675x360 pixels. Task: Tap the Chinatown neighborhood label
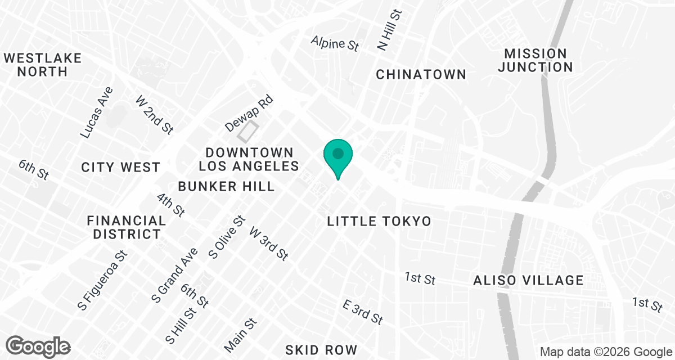click(421, 74)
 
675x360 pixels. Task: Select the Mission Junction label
click(535, 60)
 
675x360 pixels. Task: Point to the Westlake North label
click(42, 65)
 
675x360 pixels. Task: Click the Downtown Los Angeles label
click(249, 159)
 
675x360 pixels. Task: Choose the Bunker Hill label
click(226, 186)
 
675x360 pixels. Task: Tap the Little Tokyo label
click(379, 222)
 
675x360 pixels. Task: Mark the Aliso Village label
click(528, 280)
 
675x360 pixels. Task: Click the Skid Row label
click(321, 350)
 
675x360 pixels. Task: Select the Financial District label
click(127, 227)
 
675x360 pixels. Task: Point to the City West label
click(121, 167)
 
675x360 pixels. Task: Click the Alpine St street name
click(335, 43)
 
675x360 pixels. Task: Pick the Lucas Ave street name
click(97, 113)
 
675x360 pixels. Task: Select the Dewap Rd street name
click(249, 114)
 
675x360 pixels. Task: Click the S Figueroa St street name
click(103, 280)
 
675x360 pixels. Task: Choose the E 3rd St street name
click(363, 312)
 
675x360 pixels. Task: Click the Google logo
click(38, 345)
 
